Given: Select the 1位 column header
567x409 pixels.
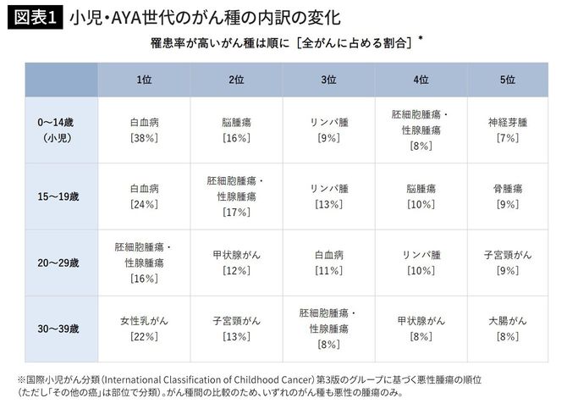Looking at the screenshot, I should click(x=144, y=79).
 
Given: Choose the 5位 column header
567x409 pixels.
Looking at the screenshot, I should click(x=507, y=79).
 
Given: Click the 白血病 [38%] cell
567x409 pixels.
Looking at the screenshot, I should click(x=144, y=130).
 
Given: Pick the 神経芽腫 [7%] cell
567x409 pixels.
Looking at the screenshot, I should click(x=507, y=130).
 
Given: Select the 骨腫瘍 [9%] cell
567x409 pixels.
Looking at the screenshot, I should click(x=507, y=196).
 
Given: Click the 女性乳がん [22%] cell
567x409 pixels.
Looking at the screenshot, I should click(x=144, y=329).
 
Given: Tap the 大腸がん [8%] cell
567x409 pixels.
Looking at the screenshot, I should click(x=507, y=329).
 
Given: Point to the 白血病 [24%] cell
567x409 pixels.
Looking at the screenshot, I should click(x=144, y=196).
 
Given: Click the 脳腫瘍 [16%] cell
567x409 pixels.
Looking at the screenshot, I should click(x=236, y=130).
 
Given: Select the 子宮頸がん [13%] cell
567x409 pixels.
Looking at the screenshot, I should click(x=236, y=329).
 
